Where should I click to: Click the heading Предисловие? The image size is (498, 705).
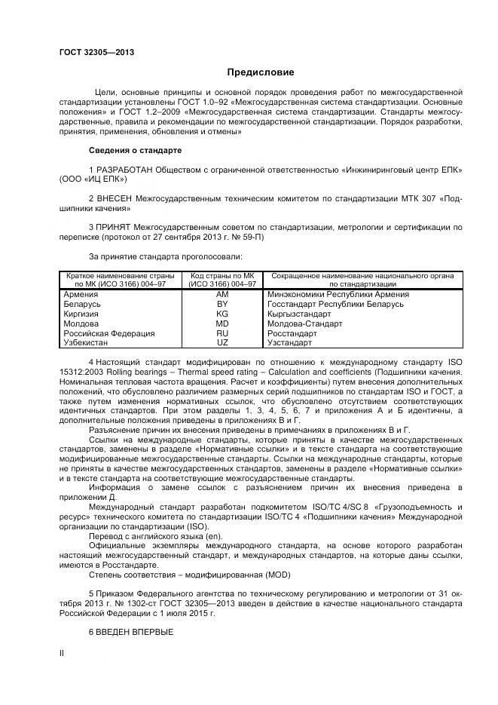point(260,72)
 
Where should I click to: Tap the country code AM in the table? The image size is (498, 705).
point(222,295)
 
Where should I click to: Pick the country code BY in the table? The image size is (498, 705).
point(222,305)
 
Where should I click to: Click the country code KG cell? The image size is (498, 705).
point(222,314)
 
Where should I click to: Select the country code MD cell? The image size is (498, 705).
point(222,323)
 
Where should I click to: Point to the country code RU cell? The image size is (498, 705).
point(222,333)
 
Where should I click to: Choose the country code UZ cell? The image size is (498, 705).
point(222,342)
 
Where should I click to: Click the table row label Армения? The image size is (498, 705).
point(81,295)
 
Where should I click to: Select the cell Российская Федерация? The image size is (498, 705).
point(109,333)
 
